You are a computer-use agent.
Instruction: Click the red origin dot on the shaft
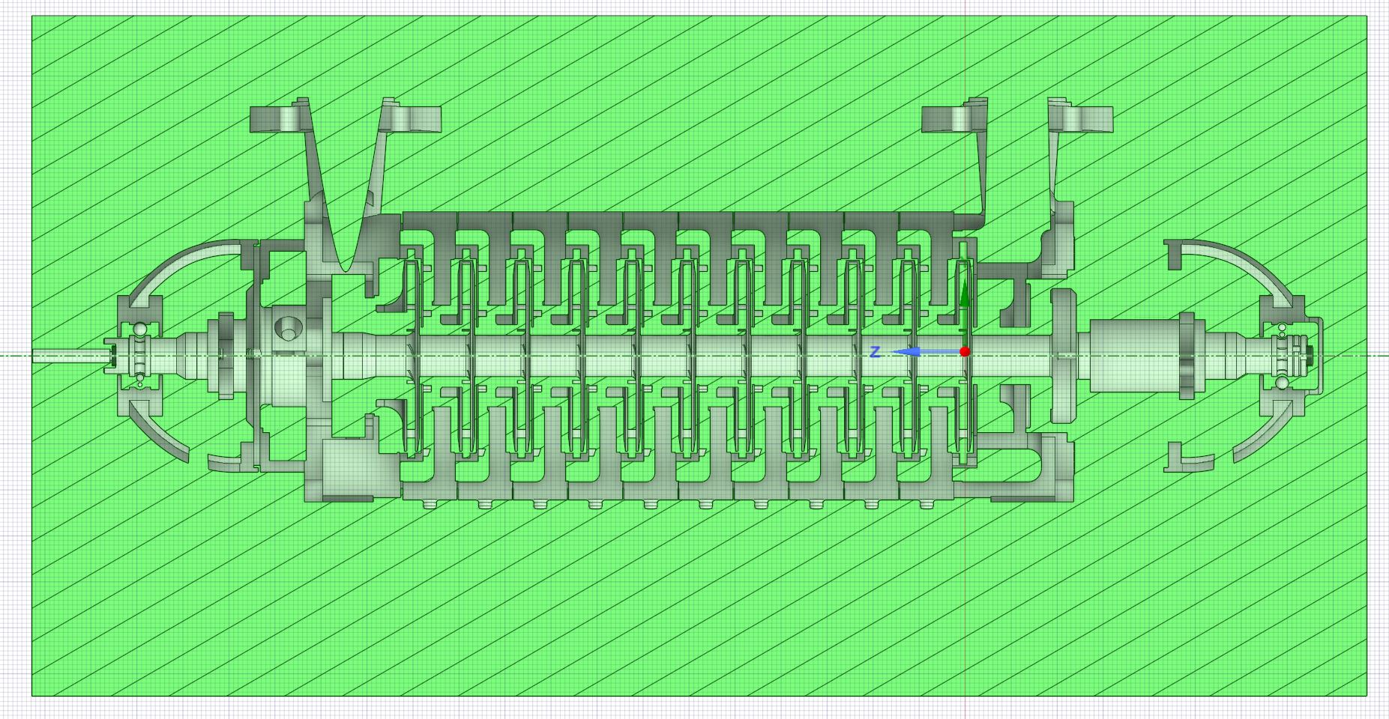pyautogui.click(x=965, y=351)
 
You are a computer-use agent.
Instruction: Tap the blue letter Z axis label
pyautogui.click(x=875, y=351)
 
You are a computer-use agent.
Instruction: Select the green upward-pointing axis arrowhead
pyautogui.click(x=965, y=297)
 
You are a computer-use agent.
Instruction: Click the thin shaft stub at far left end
pyautogui.click(x=68, y=355)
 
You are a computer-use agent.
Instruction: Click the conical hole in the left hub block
pyautogui.click(x=288, y=327)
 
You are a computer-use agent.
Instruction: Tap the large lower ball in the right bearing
pyautogui.click(x=1282, y=383)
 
